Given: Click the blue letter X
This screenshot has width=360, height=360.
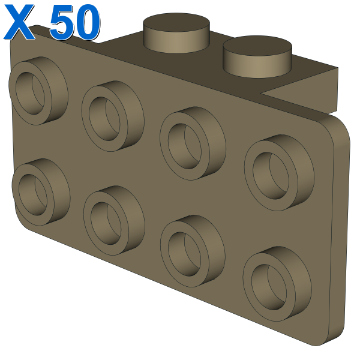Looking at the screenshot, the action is (20, 22).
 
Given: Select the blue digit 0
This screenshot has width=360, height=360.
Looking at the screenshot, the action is (87, 22).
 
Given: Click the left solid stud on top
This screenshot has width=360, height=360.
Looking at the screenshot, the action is (176, 32).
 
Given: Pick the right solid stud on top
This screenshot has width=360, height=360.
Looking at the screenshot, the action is (257, 56).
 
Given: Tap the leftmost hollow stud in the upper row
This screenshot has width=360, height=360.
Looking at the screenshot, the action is (38, 91).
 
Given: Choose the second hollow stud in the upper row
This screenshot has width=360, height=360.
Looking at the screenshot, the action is (113, 116).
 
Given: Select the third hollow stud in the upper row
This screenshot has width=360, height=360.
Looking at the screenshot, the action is (193, 143).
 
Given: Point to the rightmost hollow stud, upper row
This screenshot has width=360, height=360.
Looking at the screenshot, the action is (279, 172).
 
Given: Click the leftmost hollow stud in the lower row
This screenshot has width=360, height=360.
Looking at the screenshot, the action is (41, 192).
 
